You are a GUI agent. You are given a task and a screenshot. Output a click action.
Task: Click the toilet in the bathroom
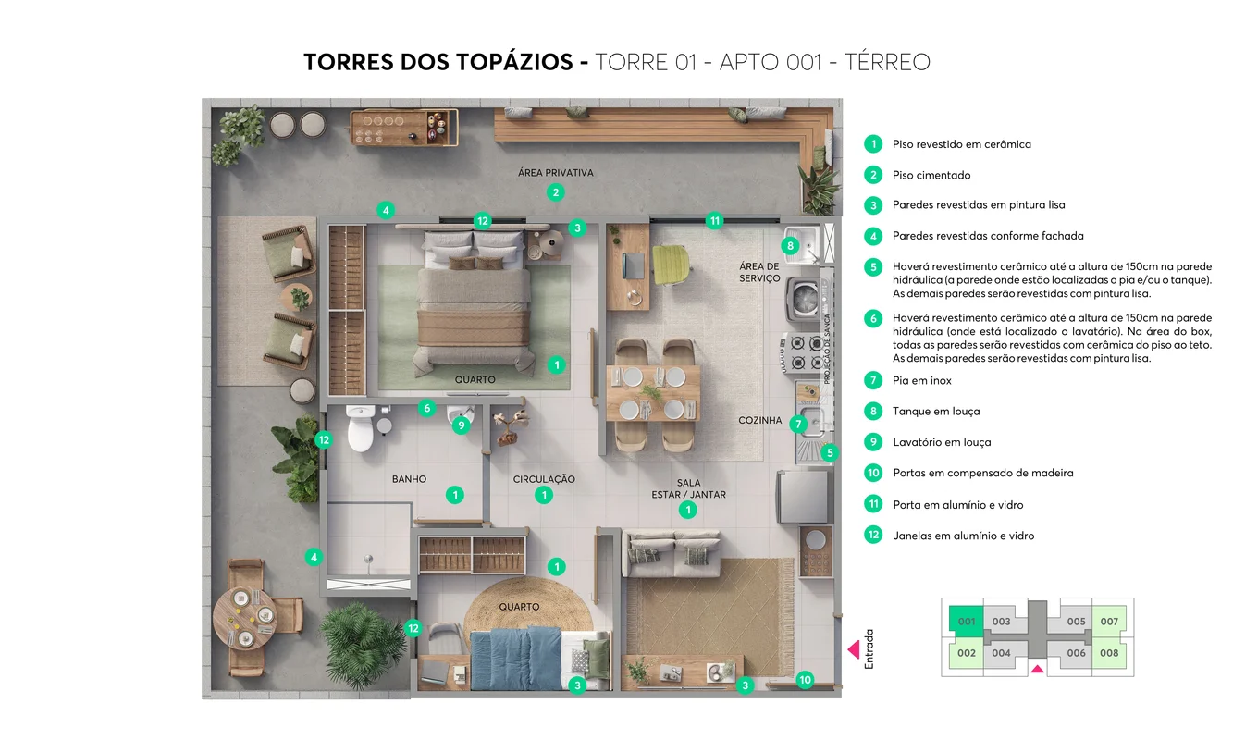(x=361, y=427)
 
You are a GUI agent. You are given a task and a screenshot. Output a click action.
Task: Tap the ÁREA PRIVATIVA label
(x=555, y=173)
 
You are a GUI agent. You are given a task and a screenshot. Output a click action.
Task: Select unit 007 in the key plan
(x=1109, y=622)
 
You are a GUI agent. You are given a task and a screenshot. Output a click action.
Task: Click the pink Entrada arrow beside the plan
(x=854, y=649)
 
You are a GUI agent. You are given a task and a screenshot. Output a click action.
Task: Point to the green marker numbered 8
(x=790, y=245)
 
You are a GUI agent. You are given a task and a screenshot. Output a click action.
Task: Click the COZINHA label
(x=759, y=421)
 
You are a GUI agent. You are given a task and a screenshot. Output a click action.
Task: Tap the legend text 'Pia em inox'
(x=921, y=380)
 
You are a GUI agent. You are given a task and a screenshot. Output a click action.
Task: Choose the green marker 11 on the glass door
(x=714, y=221)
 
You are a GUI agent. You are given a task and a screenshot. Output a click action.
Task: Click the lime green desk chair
(x=672, y=265)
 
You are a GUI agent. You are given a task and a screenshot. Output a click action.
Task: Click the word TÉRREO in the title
(x=887, y=62)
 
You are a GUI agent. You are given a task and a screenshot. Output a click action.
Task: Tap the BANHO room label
(x=409, y=479)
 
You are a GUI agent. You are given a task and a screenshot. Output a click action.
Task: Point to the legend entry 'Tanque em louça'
(x=936, y=412)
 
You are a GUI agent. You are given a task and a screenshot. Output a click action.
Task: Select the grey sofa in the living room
(x=671, y=553)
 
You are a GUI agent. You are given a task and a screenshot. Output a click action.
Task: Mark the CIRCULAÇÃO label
(x=544, y=479)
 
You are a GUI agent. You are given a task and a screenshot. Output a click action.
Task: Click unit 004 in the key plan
(x=1001, y=653)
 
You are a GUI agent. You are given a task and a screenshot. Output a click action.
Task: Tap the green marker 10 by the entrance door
(x=805, y=680)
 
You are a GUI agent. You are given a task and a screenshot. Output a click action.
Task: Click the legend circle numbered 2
(x=873, y=175)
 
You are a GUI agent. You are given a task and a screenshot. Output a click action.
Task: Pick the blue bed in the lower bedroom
(x=516, y=659)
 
